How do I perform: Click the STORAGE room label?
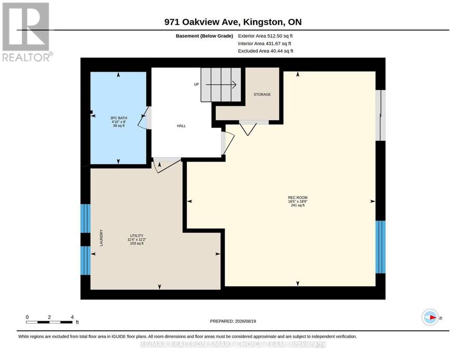[262, 95]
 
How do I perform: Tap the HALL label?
[181, 126]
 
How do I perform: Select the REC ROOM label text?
[298, 197]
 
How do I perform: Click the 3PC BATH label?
[119, 118]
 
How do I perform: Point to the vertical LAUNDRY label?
[101, 238]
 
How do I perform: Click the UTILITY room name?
[137, 236]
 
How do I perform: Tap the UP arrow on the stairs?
[221, 85]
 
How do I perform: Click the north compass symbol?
[430, 318]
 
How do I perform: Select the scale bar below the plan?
[49, 322]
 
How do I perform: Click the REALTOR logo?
[26, 32]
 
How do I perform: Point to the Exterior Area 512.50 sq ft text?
[265, 36]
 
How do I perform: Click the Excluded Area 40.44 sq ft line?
[266, 51]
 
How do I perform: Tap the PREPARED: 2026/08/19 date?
[233, 321]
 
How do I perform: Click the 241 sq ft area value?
[298, 205]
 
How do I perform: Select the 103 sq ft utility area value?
[137, 243]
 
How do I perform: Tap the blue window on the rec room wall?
[381, 247]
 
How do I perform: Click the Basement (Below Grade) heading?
[204, 36]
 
